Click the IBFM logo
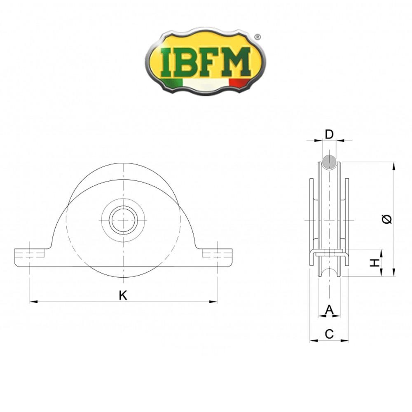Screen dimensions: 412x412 click(x=205, y=62)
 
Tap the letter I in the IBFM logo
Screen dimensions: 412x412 click(x=167, y=62)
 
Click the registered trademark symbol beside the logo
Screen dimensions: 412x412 click(x=257, y=37)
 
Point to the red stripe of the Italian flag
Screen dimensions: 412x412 click(x=239, y=82)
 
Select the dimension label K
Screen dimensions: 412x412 click(x=123, y=295)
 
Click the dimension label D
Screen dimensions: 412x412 click(x=329, y=134)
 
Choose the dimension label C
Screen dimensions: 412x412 click(x=329, y=334)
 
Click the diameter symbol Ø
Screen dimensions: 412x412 click(x=387, y=220)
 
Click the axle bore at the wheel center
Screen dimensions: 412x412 click(x=123, y=220)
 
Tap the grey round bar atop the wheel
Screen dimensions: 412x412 click(x=329, y=162)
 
